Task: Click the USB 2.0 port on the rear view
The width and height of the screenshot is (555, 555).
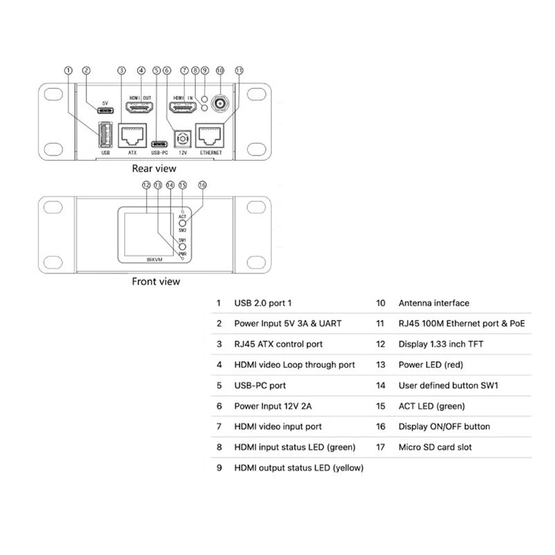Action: tap(105, 133)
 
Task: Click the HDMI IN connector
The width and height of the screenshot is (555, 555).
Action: tap(183, 108)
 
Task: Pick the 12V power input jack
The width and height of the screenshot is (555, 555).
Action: tap(184, 138)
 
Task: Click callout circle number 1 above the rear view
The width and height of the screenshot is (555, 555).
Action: tap(68, 70)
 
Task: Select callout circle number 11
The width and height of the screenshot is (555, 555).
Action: tap(239, 70)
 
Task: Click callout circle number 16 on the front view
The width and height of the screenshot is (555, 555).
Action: tap(203, 185)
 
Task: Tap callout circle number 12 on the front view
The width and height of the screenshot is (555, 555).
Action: tap(146, 185)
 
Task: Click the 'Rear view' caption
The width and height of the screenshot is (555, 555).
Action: tap(154, 169)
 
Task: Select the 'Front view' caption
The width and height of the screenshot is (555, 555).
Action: tap(155, 282)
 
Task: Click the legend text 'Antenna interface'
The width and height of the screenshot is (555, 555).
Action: tap(434, 303)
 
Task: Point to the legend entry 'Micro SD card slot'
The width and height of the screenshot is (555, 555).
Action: tap(435, 447)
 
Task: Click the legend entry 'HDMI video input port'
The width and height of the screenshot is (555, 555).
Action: tap(277, 427)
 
